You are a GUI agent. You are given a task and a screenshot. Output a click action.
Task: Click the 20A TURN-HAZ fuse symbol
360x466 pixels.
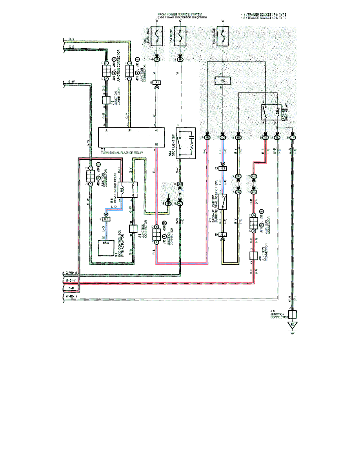click(x=157, y=36)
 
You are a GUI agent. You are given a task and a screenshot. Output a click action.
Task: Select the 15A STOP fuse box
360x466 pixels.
click(x=180, y=36)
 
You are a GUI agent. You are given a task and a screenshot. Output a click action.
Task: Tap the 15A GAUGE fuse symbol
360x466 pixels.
click(x=223, y=36)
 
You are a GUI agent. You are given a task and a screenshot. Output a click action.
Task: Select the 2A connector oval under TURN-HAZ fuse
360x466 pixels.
click(x=157, y=60)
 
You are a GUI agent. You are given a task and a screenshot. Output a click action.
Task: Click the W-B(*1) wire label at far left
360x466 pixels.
click(x=71, y=297)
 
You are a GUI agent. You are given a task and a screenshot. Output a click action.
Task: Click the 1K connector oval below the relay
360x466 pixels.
click(x=277, y=138)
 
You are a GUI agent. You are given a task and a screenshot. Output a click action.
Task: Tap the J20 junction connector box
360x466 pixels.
click(x=253, y=255)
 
